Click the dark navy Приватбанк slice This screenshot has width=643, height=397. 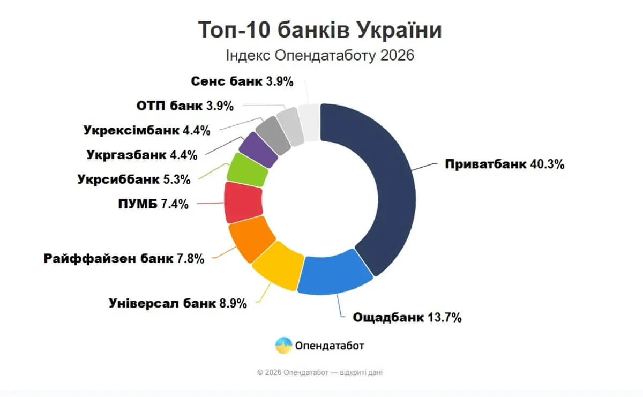pos(386,182)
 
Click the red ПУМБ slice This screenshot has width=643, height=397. pos(242,202)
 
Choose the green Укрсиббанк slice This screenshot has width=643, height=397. pos(248,170)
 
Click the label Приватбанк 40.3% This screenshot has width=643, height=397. pos(504,164)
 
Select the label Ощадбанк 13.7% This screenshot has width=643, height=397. pos(407,317)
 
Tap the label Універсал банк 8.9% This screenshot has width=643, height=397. pos(178,303)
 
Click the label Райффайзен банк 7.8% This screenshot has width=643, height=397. pos(124,259)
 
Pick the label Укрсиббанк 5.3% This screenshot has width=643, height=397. pos(133,179)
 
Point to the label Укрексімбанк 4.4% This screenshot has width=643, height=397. pos(147,130)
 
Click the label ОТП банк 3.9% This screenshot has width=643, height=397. pos(185,106)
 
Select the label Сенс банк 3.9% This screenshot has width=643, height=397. pos(242,81)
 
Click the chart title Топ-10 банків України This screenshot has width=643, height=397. pos(320,30)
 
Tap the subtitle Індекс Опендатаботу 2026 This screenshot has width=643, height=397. pos(320,56)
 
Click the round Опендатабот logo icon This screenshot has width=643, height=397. pos(283,346)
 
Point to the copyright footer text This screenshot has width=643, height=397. pos(320,372)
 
